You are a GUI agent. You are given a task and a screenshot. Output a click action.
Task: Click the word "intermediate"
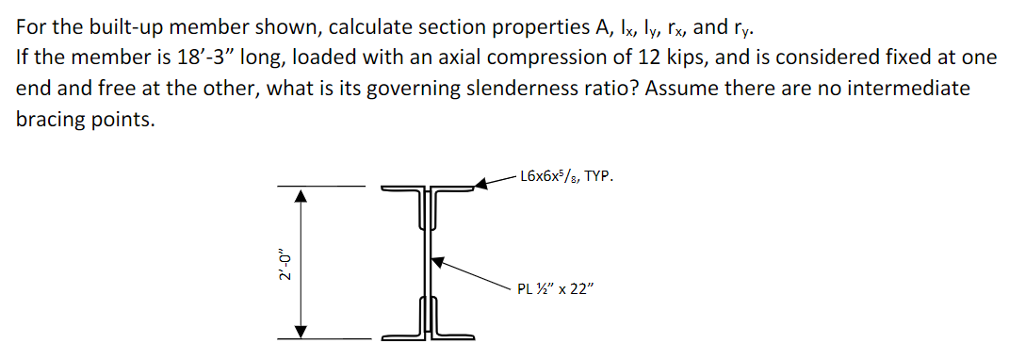(909, 89)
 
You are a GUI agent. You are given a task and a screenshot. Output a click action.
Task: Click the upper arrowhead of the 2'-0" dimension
(300, 195)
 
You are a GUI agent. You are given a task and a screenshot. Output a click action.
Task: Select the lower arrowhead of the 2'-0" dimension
(300, 331)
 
